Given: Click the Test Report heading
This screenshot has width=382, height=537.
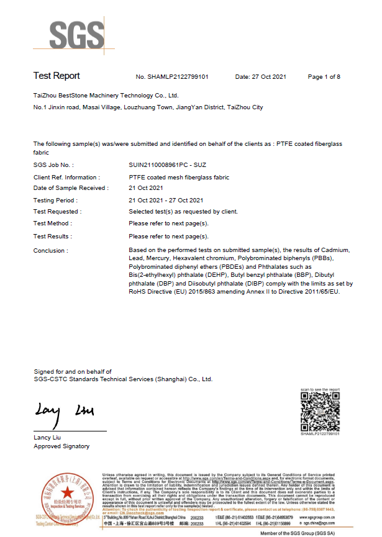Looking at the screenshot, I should tap(57, 76).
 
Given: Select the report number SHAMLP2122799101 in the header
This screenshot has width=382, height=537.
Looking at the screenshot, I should tap(171, 77).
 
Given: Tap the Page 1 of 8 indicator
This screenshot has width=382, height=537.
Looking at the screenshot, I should tap(324, 77).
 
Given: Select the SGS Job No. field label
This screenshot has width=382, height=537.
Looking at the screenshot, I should tap(53, 166).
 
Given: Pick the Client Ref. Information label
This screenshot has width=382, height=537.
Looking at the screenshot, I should tap(65, 178).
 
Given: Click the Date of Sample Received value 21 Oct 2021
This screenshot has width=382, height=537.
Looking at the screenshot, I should tap(145, 188).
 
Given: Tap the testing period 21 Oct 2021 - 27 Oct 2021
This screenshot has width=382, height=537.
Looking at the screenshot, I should tap(166, 200).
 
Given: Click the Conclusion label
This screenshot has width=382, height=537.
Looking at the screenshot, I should tap(51, 250).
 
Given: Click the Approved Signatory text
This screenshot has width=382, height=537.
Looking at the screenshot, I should tap(61, 446).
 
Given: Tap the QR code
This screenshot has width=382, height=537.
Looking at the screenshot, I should tap(320, 411).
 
